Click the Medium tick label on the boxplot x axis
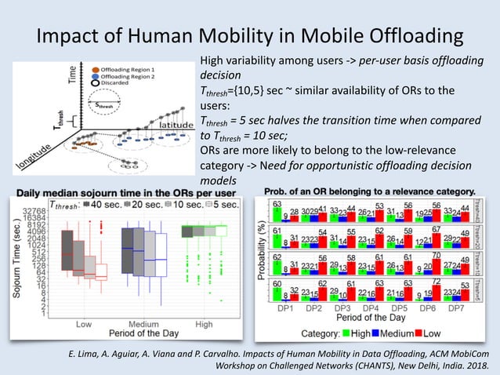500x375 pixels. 145,324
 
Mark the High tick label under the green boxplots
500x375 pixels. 203,324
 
